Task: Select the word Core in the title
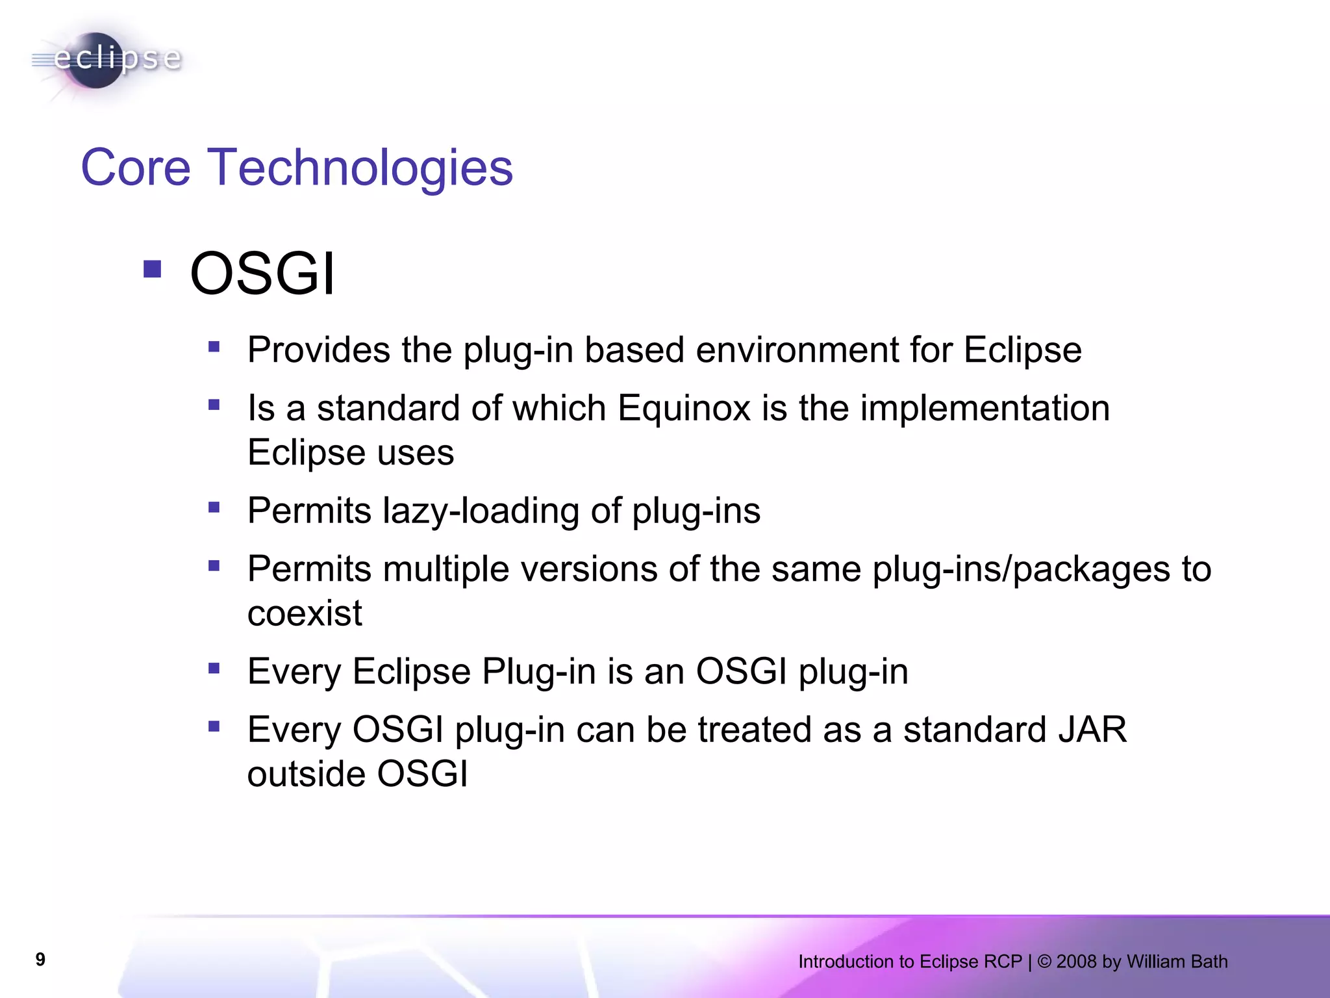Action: (135, 168)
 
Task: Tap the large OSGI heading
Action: (262, 274)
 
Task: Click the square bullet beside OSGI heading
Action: (152, 269)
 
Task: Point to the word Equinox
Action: (684, 409)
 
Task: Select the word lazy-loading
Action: (481, 511)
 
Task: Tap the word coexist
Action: (304, 613)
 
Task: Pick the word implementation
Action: (985, 409)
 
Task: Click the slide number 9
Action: (40, 960)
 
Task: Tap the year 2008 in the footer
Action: (1076, 962)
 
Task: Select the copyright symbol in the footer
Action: (1044, 962)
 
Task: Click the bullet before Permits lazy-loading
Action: (214, 507)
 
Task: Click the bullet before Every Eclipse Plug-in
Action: (214, 667)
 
